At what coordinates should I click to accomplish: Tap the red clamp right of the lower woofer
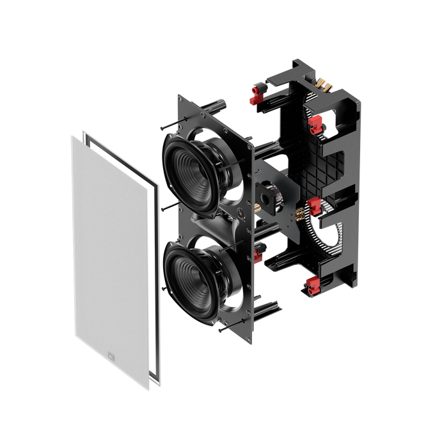tap(258, 257)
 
